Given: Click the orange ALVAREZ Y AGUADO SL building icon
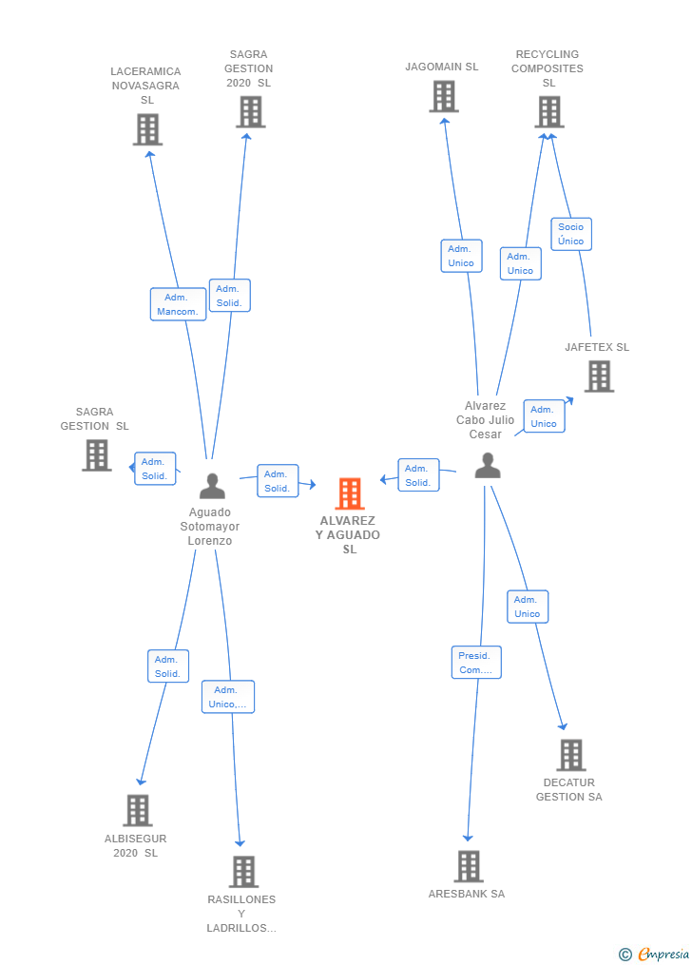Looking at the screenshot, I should tap(350, 493).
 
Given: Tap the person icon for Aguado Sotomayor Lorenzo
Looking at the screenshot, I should tap(212, 486).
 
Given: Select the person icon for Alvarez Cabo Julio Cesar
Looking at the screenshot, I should tap(488, 465).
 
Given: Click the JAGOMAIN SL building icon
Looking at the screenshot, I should tap(444, 96).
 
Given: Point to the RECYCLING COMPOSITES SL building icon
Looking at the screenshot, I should tap(548, 111).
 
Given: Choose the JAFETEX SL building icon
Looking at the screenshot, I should tap(599, 376).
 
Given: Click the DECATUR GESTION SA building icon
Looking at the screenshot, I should tap(570, 755).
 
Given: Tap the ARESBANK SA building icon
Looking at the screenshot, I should tap(468, 866).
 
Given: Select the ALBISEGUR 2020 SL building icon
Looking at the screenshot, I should tap(138, 810).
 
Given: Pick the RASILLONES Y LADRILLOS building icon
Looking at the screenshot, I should tap(243, 871).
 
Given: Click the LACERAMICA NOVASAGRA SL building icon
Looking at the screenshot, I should tap(147, 129).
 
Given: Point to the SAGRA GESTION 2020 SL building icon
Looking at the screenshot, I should tap(250, 111).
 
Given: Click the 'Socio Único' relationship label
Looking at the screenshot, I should tap(571, 234).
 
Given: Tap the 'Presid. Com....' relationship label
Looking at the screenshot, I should tap(475, 663).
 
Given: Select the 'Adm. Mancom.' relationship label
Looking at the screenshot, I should tap(178, 304).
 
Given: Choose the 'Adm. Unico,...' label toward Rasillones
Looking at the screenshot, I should tap(228, 697).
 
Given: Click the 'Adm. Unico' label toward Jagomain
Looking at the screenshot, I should tap(461, 256).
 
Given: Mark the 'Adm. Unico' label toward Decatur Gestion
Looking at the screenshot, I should tap(528, 607).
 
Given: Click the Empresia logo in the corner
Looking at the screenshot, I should tap(655, 954).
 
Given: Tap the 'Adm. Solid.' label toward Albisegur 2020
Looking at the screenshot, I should tap(167, 666).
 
